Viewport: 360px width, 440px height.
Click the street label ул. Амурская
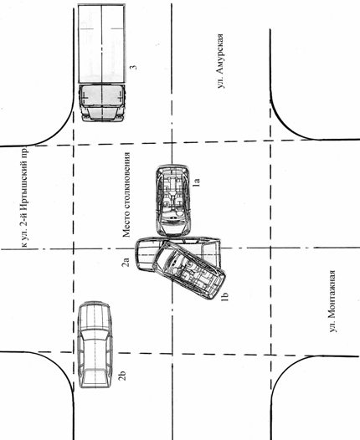221,61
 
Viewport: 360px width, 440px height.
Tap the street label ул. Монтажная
332,301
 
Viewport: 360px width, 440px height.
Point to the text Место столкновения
126,195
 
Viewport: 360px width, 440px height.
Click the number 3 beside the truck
133,68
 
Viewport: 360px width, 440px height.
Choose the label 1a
197,182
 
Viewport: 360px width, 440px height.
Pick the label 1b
224,296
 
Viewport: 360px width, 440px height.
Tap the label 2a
126,262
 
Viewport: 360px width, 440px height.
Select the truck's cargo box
101,43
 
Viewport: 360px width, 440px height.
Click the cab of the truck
101,103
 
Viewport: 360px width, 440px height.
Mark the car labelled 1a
173,201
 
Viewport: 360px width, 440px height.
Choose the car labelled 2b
95,345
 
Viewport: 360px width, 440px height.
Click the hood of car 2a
146,254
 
